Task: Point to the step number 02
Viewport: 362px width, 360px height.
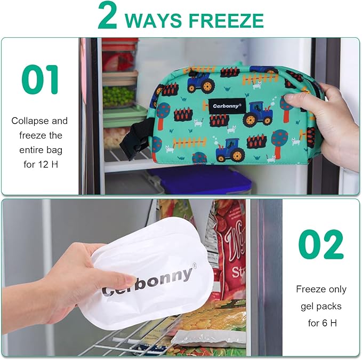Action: point(321,245)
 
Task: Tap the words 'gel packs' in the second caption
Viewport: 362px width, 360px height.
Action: point(321,306)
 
